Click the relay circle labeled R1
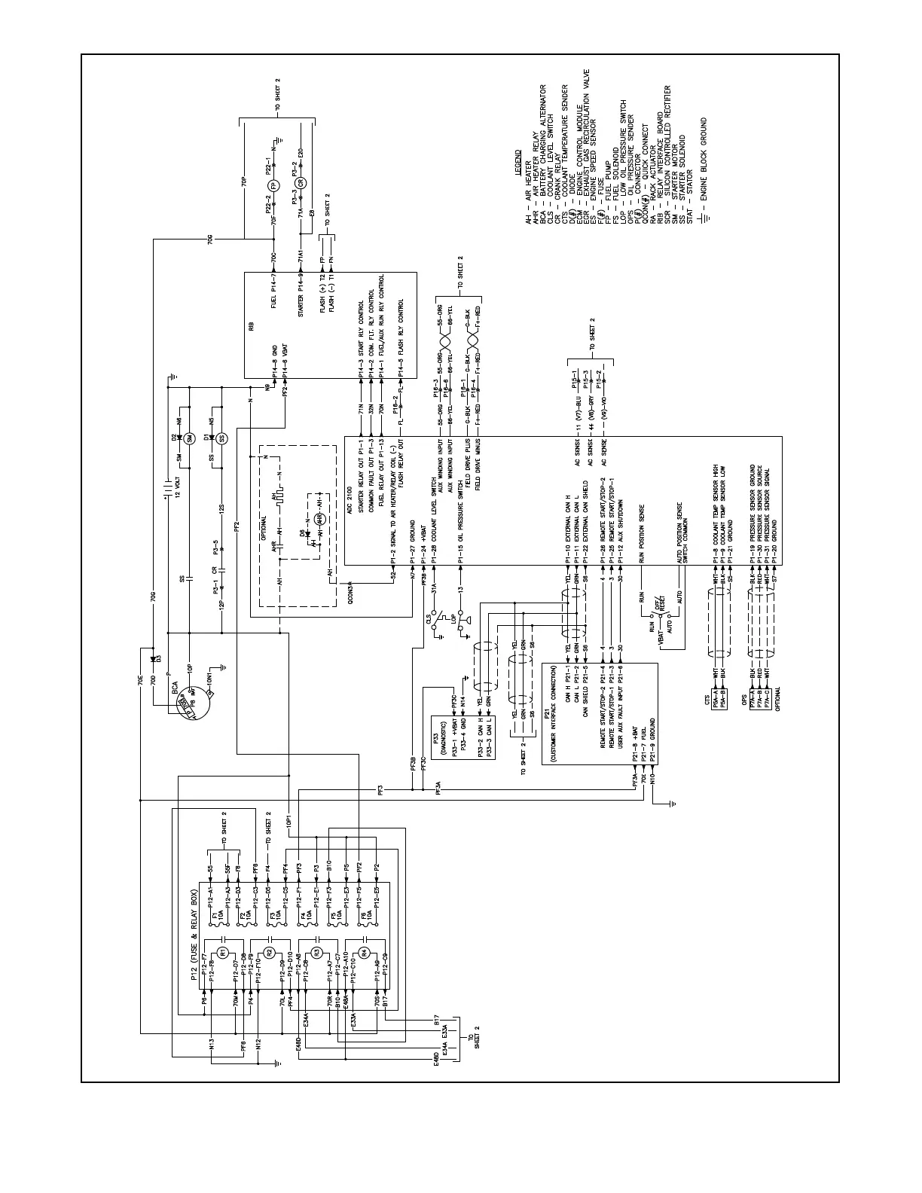223,952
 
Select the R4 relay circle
364,952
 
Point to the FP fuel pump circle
273,186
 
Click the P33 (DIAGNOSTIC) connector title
438,742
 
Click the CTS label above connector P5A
706,699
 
